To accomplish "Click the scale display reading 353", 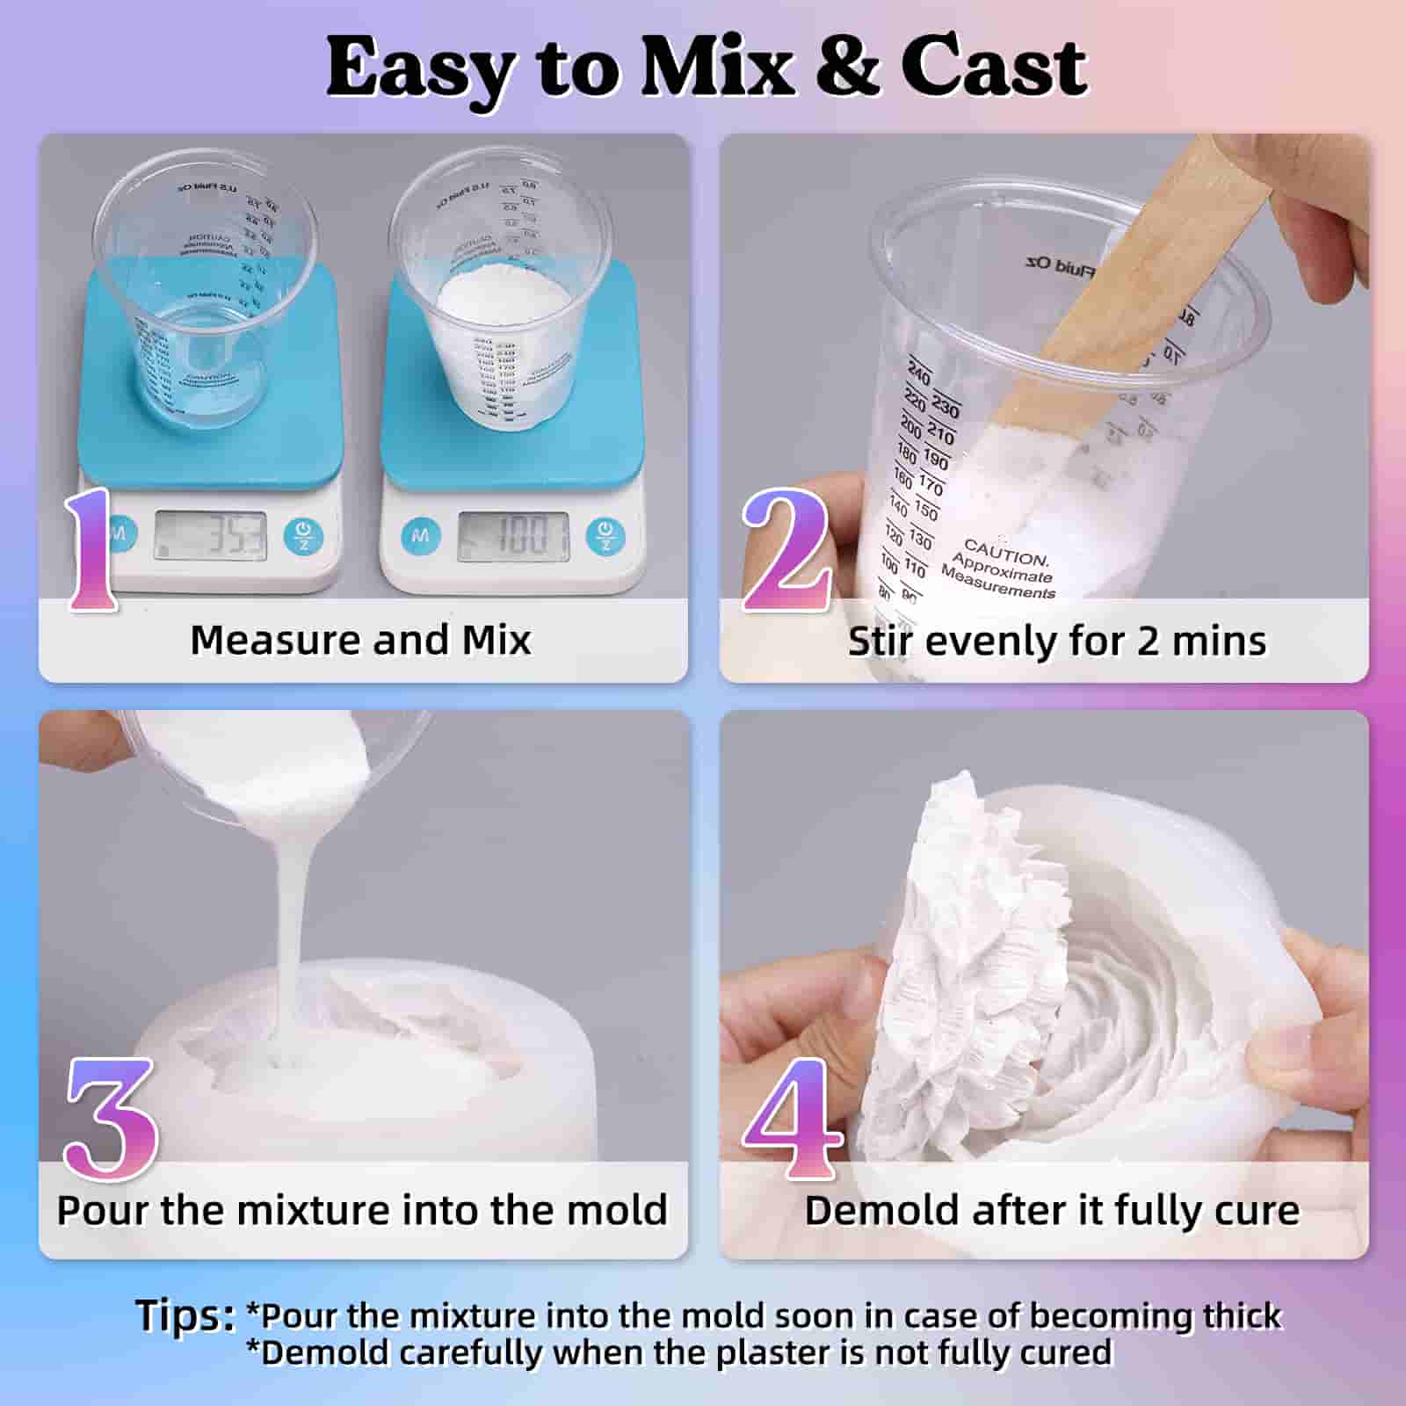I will point(211,534).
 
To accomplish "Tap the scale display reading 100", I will point(513,534).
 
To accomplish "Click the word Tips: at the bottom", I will point(185,1315).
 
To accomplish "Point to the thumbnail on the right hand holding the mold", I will point(1283,1054).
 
